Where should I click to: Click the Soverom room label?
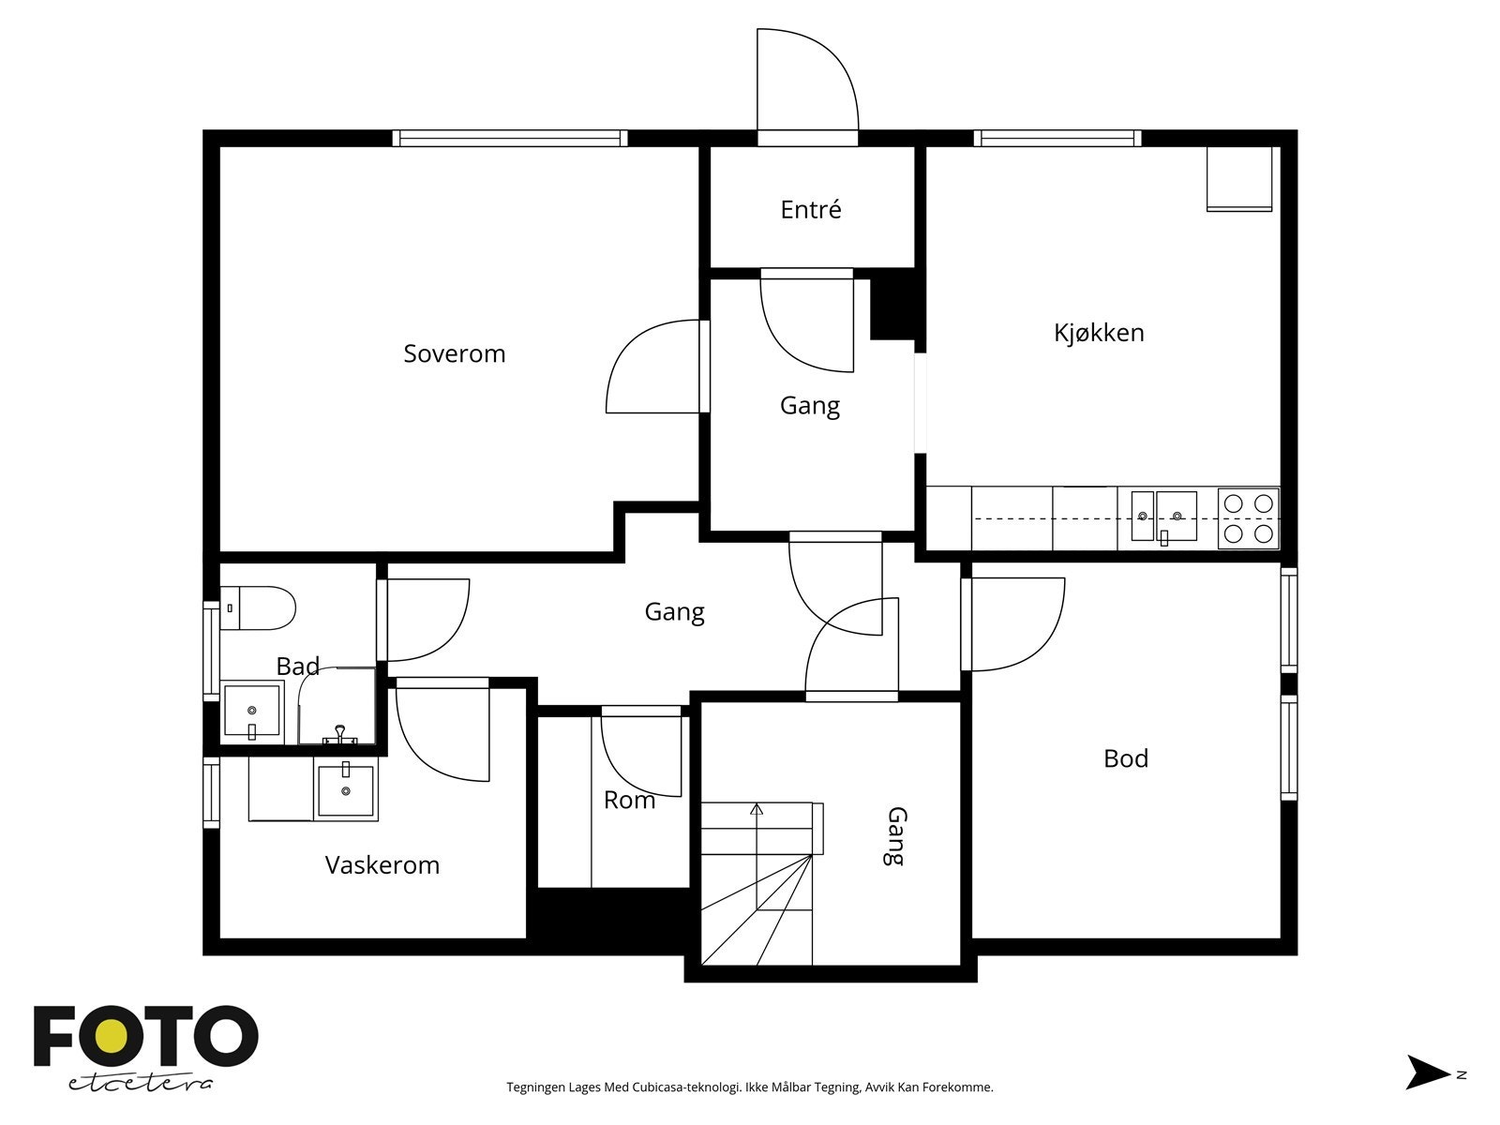[x=455, y=353]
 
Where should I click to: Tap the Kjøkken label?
[x=1099, y=333]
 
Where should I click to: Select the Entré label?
[x=811, y=209]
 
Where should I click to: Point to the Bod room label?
[x=1126, y=758]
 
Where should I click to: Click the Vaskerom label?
[x=382, y=865]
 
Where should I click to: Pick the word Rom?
[x=629, y=800]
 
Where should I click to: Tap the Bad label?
[x=298, y=666]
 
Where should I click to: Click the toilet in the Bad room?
[x=259, y=607]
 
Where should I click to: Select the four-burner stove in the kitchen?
[x=1248, y=518]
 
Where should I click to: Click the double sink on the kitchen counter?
[x=1163, y=517]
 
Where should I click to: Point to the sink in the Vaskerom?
[x=346, y=789]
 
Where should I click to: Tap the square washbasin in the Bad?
[x=251, y=712]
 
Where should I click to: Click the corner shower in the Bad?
[x=337, y=706]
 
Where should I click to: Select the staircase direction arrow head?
[x=757, y=809]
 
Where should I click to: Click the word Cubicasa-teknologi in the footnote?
[x=686, y=1087]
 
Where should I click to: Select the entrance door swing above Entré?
[x=807, y=79]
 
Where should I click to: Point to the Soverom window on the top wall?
[x=510, y=138]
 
